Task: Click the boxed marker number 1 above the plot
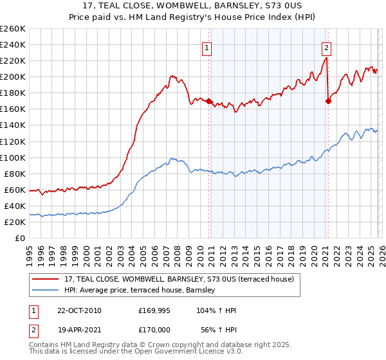coord(207,47)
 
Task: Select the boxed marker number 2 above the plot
coord(326,47)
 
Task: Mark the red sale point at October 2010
coord(209,101)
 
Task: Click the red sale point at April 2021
coord(328,101)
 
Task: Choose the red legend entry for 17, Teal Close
coord(179,279)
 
